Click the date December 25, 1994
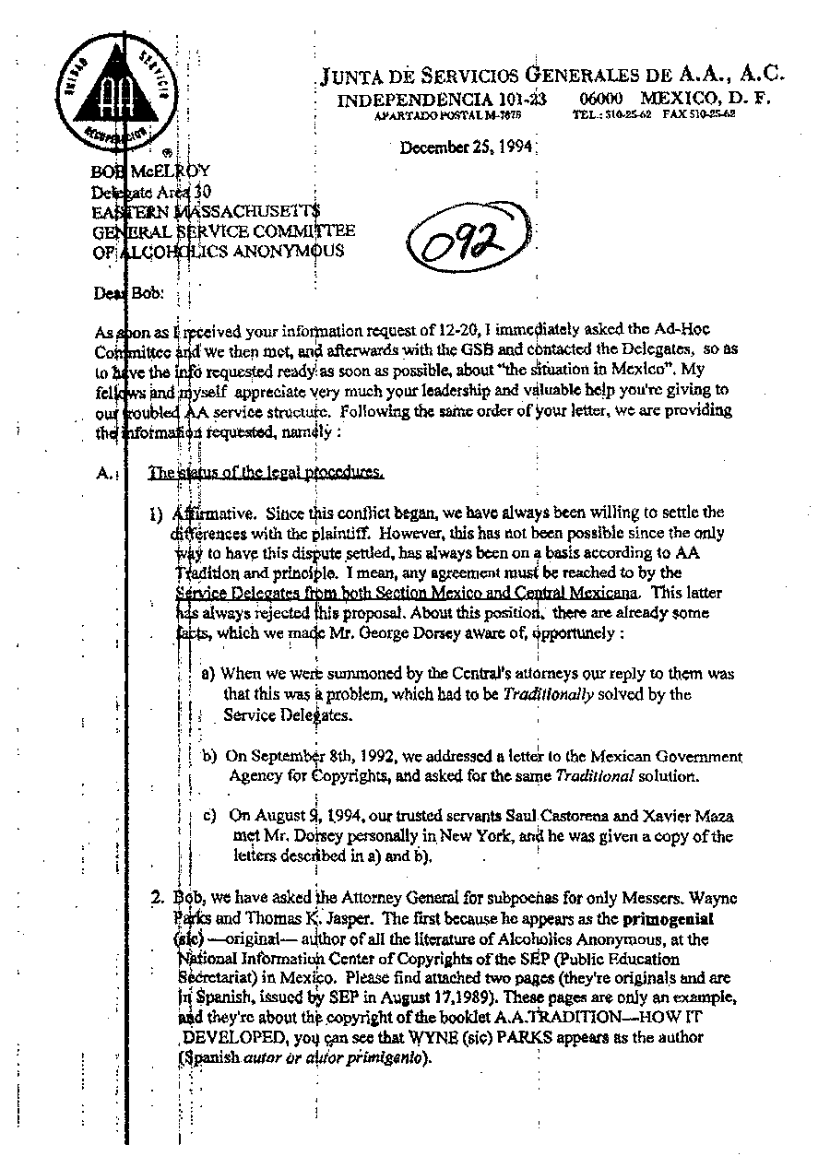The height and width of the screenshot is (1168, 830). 467,147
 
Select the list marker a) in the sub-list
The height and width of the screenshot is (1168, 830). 208,674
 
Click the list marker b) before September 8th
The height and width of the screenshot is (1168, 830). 210,757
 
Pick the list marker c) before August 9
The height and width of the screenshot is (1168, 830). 210,816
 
